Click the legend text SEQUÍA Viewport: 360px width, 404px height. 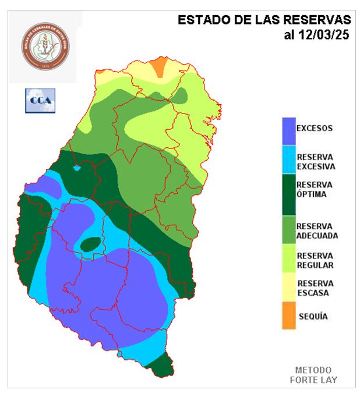point(313,317)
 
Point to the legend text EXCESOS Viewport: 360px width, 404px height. point(315,128)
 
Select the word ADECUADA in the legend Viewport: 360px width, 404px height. point(317,235)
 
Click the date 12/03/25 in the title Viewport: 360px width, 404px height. point(324,35)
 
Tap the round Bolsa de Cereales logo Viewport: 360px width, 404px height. point(45,45)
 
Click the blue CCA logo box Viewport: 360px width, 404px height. point(40,100)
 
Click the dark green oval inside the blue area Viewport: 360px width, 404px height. point(90,244)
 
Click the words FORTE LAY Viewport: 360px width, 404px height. point(313,380)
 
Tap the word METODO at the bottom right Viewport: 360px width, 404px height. point(313,370)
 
